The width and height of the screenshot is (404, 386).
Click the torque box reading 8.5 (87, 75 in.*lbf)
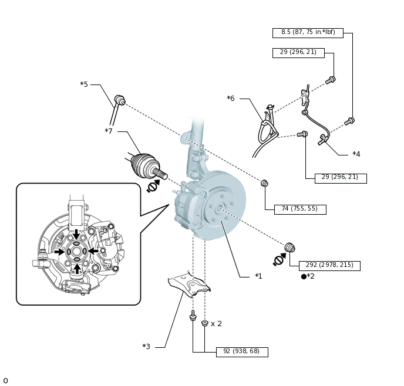coord(308,33)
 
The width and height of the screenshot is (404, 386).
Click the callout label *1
coord(258,276)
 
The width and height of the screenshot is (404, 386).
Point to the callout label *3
coord(146,346)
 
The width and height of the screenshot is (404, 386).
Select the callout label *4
coord(356,154)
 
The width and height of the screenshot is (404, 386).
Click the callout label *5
coord(84,84)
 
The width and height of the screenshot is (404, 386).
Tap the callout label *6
coord(231,98)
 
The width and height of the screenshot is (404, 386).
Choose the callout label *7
coord(109,131)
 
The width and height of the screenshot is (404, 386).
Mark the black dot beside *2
coord(304,276)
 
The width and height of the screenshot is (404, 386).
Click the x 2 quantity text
coord(216,324)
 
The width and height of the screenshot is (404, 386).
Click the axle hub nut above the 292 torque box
coord(290,248)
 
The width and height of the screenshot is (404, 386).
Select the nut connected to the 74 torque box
coord(265,183)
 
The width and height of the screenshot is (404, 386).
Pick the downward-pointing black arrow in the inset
coord(76,234)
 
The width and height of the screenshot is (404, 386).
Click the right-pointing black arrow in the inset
coord(59,252)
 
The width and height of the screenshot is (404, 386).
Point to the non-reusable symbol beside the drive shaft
coord(153,186)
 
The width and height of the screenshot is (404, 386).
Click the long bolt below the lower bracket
coord(193,316)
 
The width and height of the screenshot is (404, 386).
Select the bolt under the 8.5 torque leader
coord(349,121)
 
